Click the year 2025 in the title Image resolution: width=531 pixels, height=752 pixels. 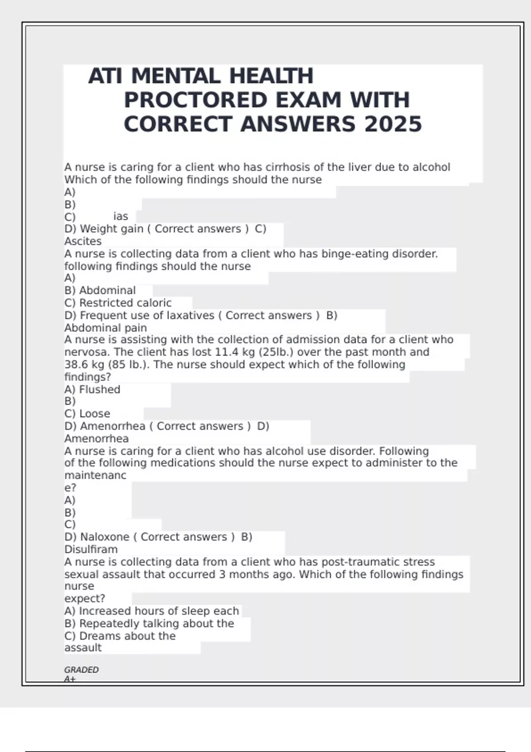pyautogui.click(x=393, y=124)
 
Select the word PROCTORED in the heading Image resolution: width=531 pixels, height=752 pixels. pyautogui.click(x=196, y=100)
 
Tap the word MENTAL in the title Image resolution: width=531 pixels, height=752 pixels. pyautogui.click(x=175, y=76)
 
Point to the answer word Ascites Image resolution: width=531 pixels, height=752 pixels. pyautogui.click(x=83, y=242)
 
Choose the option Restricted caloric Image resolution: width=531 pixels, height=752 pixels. pyautogui.click(x=125, y=303)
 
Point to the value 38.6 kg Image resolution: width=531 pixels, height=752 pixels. pyautogui.click(x=84, y=364)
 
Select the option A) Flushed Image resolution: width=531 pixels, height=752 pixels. pyautogui.click(x=92, y=390)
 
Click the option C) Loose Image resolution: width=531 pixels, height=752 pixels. pyautogui.click(x=87, y=414)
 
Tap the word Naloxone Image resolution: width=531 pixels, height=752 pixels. pyautogui.click(x=104, y=537)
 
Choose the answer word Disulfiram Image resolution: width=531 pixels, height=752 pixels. pyautogui.click(x=91, y=549)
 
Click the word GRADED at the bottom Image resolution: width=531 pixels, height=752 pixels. pyautogui.click(x=81, y=670)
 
